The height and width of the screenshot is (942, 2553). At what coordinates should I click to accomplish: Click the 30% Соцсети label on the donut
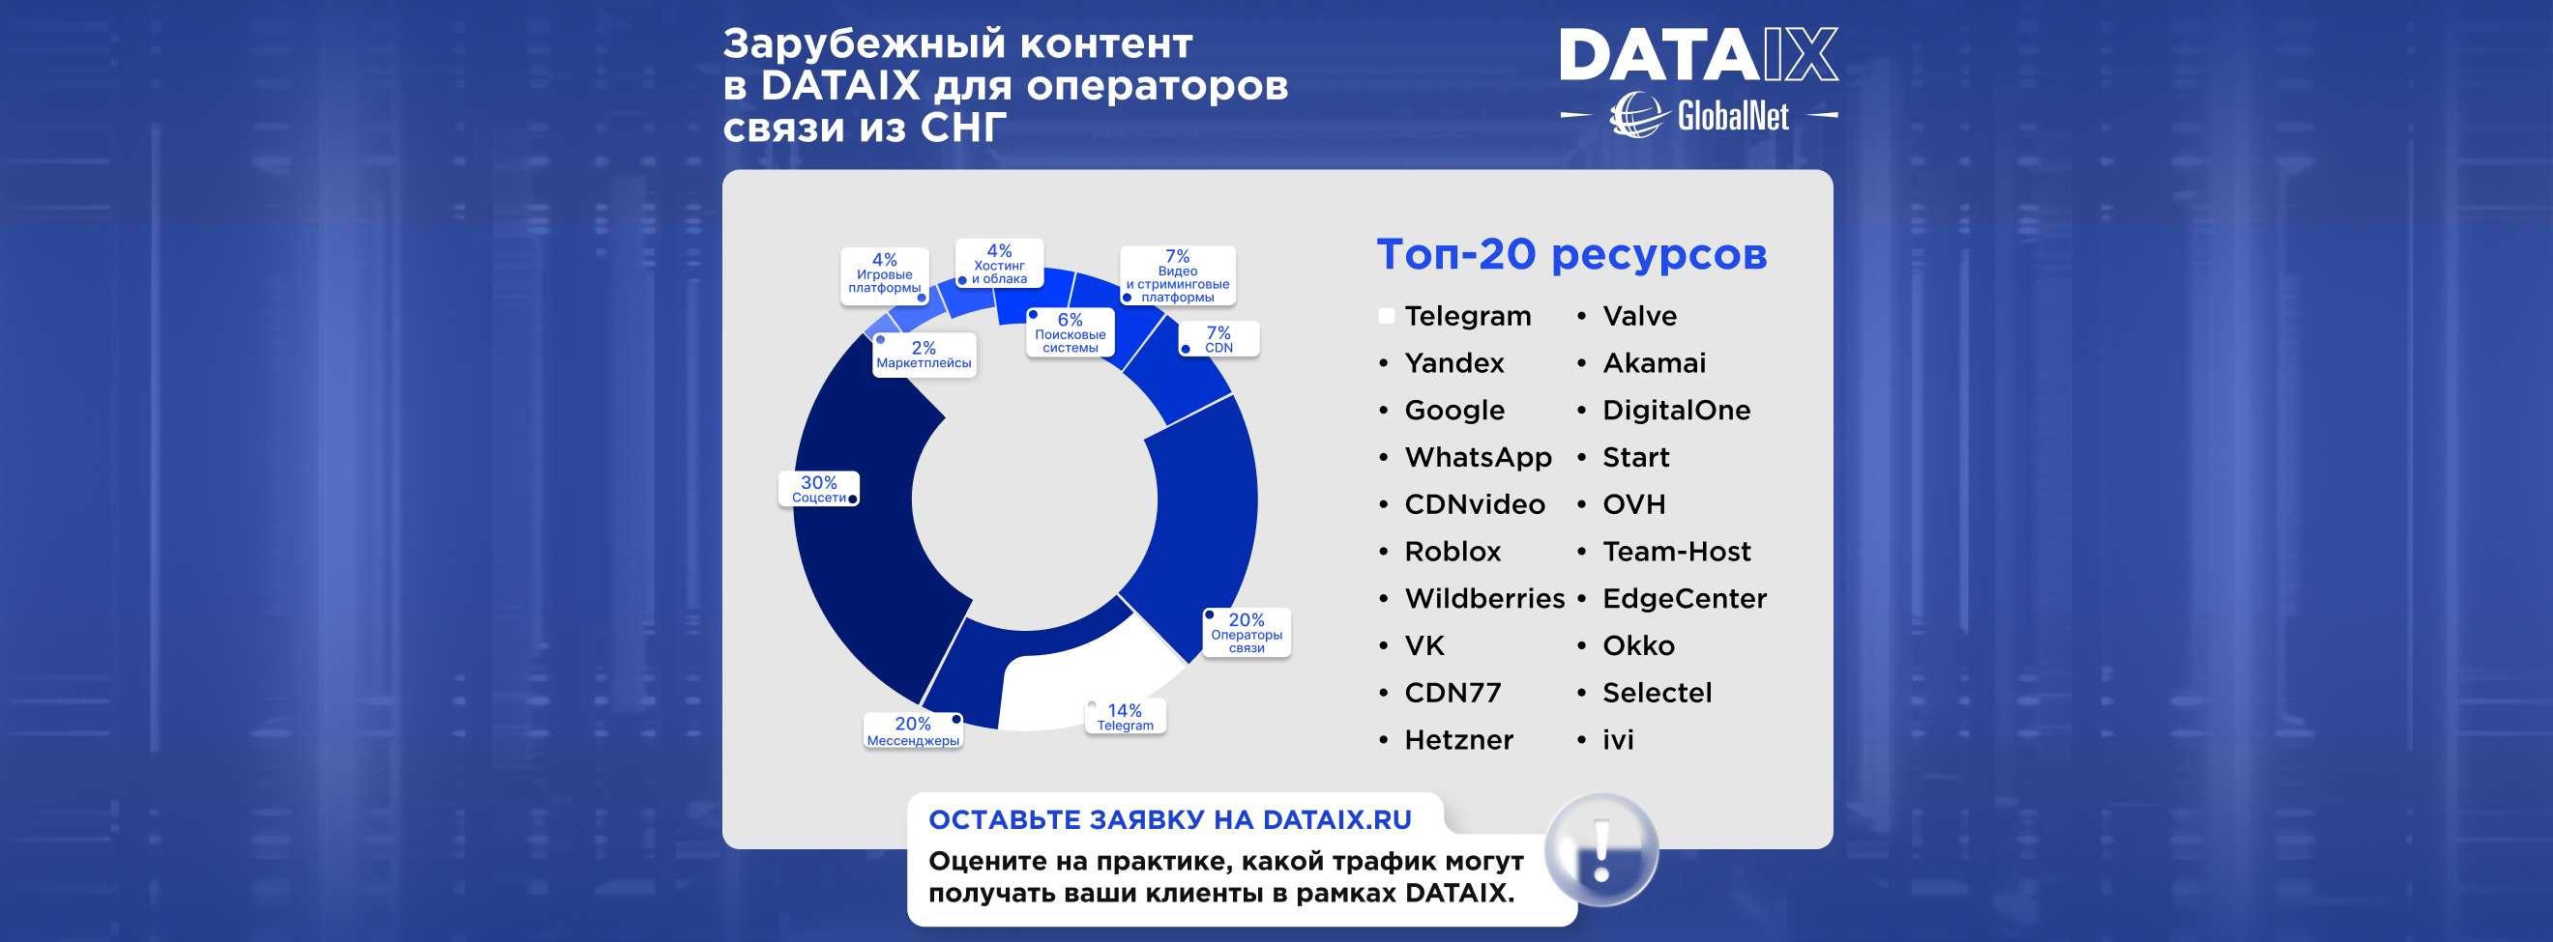point(819,488)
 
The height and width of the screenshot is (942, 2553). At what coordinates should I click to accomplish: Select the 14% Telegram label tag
point(1125,716)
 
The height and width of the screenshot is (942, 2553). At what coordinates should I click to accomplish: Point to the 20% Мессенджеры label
point(913,731)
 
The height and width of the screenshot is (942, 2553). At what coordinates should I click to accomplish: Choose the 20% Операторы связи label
point(1246,632)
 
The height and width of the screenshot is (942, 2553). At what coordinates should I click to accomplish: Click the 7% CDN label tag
point(1218,339)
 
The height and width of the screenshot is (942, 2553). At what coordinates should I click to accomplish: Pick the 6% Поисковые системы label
point(1070,331)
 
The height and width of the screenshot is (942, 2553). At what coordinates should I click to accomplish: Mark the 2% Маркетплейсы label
point(924,355)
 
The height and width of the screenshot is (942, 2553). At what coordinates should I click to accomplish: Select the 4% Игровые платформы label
point(884,273)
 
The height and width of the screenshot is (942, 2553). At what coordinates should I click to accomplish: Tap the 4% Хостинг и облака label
point(999,265)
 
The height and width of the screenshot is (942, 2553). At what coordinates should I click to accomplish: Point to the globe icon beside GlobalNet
point(1637,116)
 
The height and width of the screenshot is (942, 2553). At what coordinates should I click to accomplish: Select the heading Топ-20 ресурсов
point(1571,254)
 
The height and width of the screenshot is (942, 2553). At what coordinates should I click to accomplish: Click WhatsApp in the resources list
point(1478,458)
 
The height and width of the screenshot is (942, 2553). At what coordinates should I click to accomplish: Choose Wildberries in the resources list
point(1484,598)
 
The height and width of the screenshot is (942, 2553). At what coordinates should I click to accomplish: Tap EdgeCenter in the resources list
point(1685,598)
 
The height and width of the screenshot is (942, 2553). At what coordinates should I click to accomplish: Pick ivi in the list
point(1619,740)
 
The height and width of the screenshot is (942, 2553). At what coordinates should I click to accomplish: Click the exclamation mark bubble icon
point(1601,850)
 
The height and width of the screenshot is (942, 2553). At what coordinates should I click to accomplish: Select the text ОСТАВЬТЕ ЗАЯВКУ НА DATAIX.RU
point(1169,820)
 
